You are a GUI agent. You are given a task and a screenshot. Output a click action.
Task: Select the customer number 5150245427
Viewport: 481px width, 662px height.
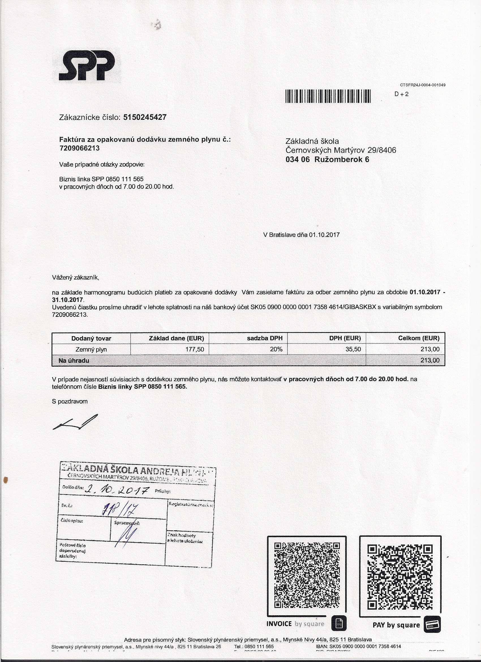pos(145,117)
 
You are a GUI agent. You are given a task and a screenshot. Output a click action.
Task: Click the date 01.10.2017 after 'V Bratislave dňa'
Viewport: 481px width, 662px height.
pos(324,235)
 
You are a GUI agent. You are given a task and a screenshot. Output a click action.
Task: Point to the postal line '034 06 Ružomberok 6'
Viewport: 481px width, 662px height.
pos(327,160)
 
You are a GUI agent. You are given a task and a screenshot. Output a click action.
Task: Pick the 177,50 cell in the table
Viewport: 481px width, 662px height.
pos(196,349)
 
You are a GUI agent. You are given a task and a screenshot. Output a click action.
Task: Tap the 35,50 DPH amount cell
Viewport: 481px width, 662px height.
pos(353,349)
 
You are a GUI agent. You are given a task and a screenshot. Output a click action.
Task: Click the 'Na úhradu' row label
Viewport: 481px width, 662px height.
pos(74,360)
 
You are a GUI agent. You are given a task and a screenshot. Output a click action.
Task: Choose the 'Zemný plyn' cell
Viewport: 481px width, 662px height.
pos(91,349)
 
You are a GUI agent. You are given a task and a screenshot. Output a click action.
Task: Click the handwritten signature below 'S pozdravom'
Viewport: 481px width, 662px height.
pos(75,422)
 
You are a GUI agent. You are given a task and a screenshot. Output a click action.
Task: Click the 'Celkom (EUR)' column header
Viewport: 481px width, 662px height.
pos(418,338)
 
